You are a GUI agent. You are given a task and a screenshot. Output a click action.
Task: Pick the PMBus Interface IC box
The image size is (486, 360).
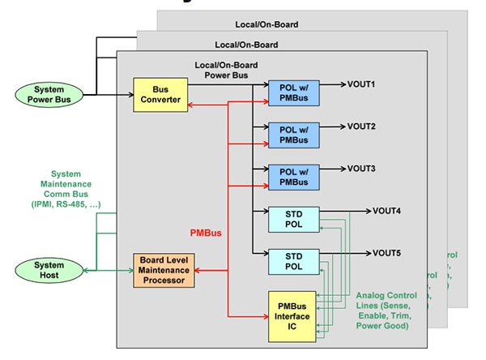[x=293, y=314]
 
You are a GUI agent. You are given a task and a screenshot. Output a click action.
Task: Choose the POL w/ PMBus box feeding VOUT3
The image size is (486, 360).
[x=293, y=177]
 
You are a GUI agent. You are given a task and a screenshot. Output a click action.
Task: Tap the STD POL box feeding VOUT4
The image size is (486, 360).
[x=293, y=219]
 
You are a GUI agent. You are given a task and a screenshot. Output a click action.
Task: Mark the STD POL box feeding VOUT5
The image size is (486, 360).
[x=293, y=261]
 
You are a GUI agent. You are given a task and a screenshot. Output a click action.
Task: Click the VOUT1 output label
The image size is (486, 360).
[x=362, y=84]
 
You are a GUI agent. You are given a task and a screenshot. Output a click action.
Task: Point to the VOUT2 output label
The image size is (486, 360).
[x=362, y=126]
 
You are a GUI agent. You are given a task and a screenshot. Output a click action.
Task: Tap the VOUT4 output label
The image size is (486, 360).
[x=386, y=211]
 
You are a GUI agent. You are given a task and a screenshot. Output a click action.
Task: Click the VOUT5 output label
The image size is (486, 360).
[x=386, y=253]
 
